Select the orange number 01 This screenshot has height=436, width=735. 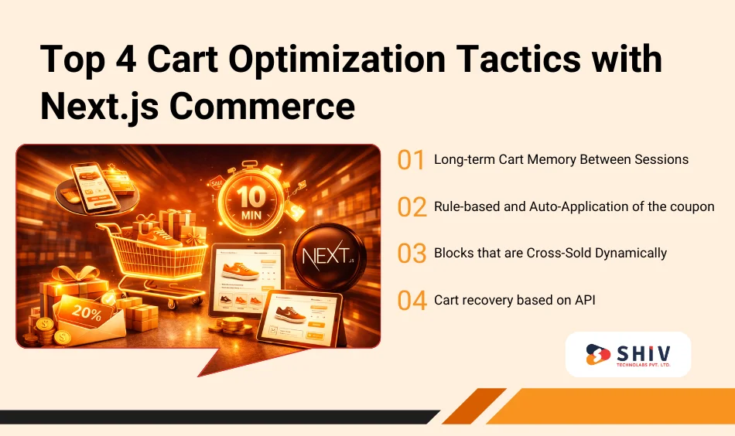(412, 160)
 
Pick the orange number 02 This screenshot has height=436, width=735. (412, 207)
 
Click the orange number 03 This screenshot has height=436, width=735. (412, 253)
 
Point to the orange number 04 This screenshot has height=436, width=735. (412, 300)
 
